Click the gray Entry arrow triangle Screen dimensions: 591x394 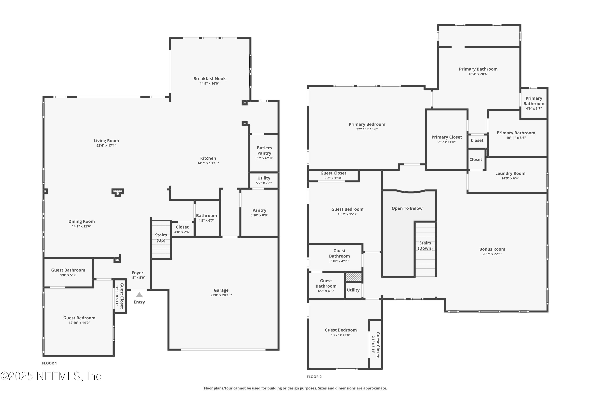pyautogui.click(x=139, y=295)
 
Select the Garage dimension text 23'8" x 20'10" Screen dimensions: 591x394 pyautogui.click(x=221, y=295)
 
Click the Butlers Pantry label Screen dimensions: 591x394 pyautogui.click(x=264, y=151)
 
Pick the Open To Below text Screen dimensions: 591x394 pyautogui.click(x=407, y=208)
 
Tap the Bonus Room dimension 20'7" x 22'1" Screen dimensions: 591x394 pyautogui.click(x=492, y=254)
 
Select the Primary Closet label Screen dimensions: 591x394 pyautogui.click(x=447, y=137)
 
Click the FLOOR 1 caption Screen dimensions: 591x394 pyautogui.click(x=49, y=363)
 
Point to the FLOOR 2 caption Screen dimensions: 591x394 pyautogui.click(x=314, y=377)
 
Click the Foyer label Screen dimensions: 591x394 pyautogui.click(x=138, y=273)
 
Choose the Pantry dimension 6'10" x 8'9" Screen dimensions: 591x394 pyautogui.click(x=259, y=215)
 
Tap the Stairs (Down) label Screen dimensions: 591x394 pyautogui.click(x=425, y=246)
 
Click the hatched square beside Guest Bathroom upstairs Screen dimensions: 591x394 pyautogui.click(x=354, y=277)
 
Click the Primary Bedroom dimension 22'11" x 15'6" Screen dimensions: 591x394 pyautogui.click(x=367, y=129)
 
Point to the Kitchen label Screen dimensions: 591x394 pyautogui.click(x=208, y=158)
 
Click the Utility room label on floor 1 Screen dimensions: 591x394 pyautogui.click(x=264, y=178)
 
